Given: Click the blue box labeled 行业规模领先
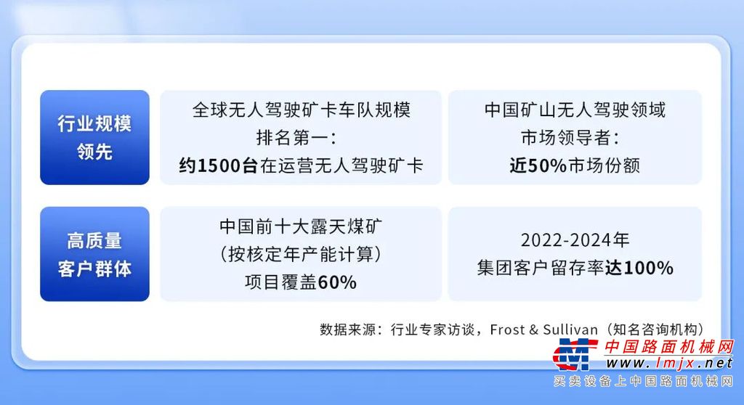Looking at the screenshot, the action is [x=94, y=137].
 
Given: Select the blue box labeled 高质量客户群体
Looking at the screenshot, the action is [x=94, y=254].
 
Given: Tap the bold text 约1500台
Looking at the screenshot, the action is [x=218, y=165].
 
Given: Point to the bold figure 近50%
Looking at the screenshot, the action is [x=538, y=165].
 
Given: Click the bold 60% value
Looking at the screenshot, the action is [x=337, y=282].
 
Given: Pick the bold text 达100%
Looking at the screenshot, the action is [x=639, y=268].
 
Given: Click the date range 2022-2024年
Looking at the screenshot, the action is [x=575, y=240].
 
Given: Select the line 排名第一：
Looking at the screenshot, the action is [x=297, y=138].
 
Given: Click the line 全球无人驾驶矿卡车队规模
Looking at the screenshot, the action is [x=302, y=110].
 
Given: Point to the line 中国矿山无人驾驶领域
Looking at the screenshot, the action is [x=575, y=110].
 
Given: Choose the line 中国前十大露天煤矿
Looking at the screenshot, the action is [x=301, y=226].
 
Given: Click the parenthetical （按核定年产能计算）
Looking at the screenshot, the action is [x=301, y=255].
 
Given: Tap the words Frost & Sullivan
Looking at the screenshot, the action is [x=543, y=329].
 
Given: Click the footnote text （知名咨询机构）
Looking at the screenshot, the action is [x=652, y=329].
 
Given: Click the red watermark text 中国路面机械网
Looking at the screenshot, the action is [x=669, y=347].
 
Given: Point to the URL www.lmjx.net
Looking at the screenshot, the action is [x=669, y=364].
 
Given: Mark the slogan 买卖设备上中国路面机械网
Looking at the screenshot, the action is [x=644, y=381].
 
